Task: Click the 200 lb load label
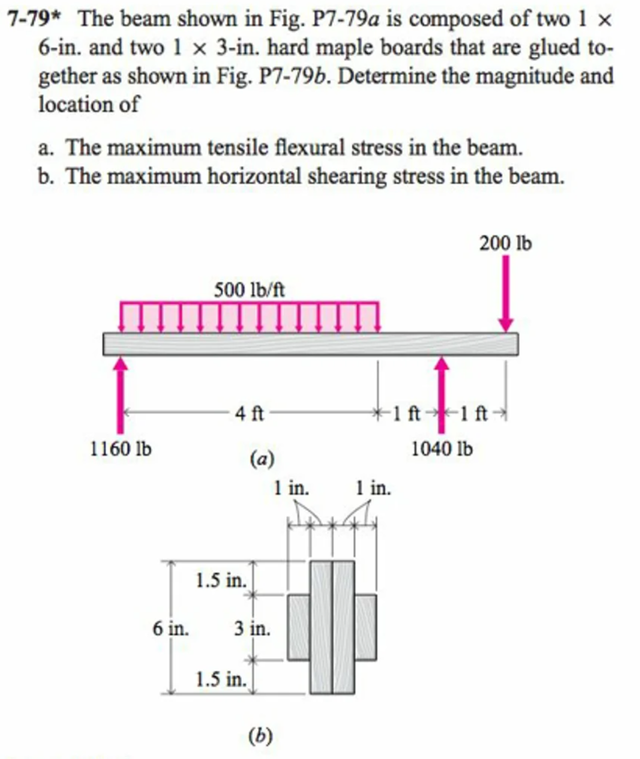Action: pos(505,244)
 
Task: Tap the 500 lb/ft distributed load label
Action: pos(249,290)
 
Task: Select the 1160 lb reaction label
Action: pos(120,449)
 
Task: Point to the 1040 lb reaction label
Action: pos(442,449)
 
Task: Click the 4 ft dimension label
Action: pos(250,413)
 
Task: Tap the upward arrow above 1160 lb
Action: pos(120,393)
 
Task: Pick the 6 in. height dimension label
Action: pos(170,628)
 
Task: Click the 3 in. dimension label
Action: pos(252,628)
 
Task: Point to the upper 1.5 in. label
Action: pos(221,580)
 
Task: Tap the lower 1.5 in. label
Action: pos(221,679)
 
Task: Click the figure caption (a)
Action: pos(262,459)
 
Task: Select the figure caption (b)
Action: pos(260,736)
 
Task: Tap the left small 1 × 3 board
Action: pos(299,628)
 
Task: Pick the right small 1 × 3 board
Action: pos(365,628)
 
